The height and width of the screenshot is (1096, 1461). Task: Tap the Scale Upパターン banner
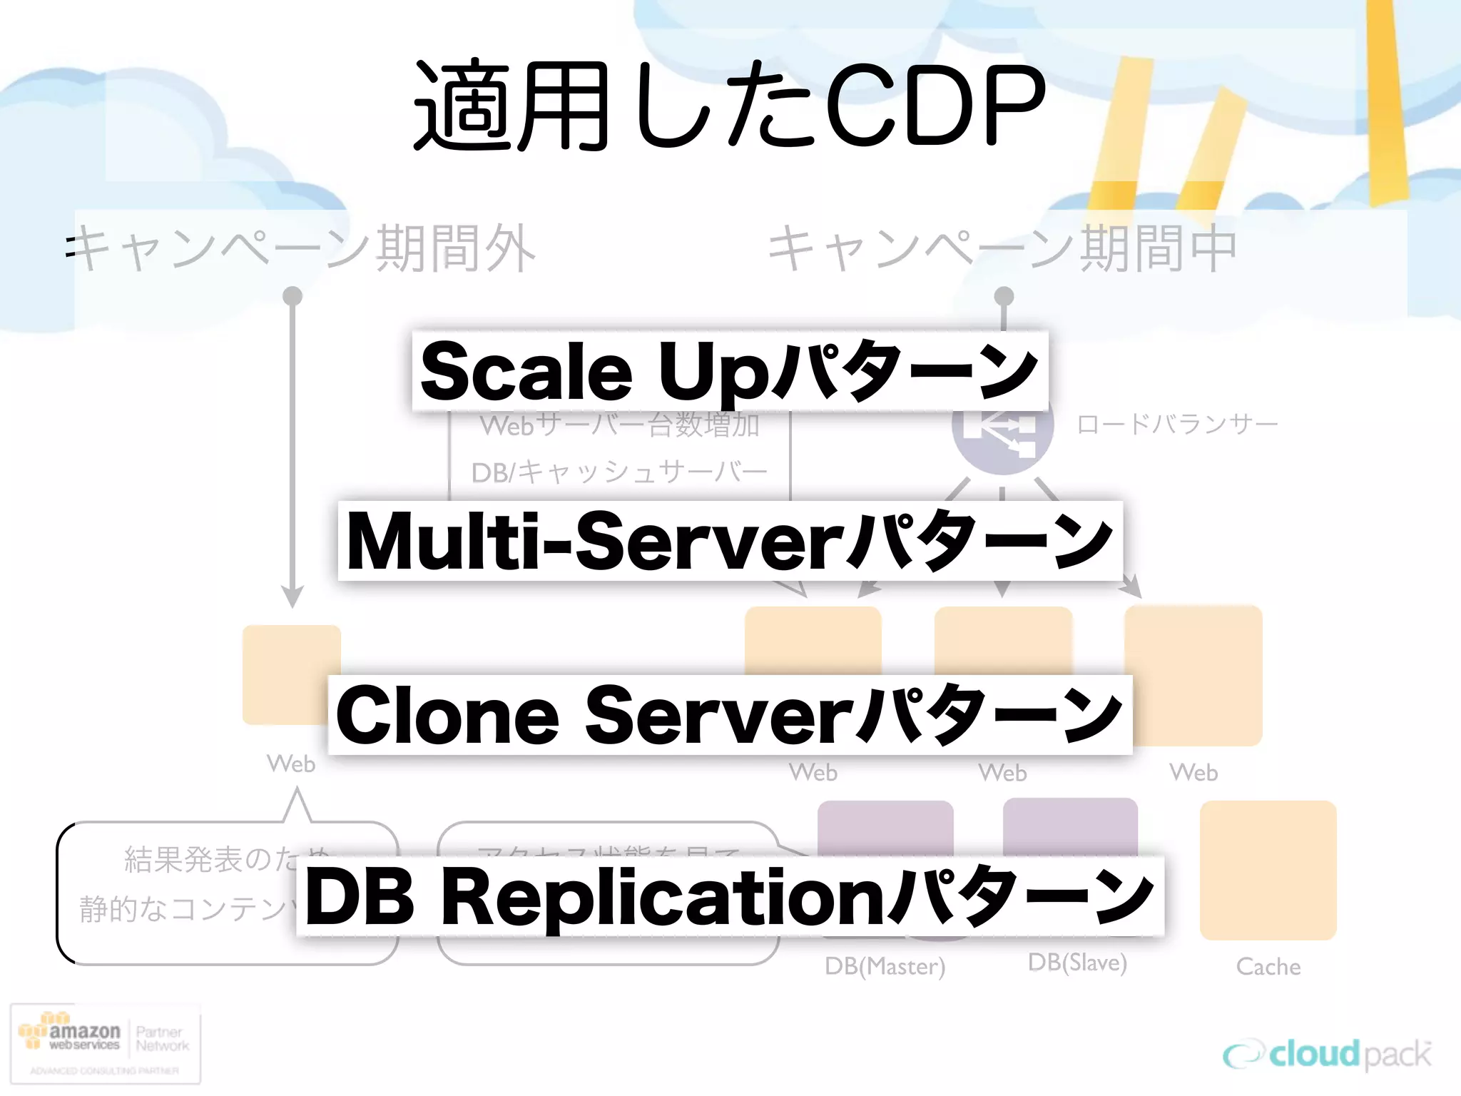pos(729,371)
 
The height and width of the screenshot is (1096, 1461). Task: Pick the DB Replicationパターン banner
pos(729,896)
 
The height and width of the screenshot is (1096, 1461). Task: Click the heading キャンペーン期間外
pos(303,248)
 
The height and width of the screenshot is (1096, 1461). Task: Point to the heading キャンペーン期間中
pos(1002,248)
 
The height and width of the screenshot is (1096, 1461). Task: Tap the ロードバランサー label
pos(1176,425)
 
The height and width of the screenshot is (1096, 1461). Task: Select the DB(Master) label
pos(885,966)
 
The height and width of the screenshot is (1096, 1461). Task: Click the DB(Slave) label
pos(1076,963)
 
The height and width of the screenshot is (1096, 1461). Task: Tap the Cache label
pos(1268,967)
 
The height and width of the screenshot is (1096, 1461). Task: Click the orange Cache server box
pos(1268,870)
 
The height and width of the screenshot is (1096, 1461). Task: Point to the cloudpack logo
pos(1327,1055)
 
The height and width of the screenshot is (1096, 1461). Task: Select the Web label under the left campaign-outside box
pos(291,763)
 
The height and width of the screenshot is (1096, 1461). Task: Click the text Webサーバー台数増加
pos(619,427)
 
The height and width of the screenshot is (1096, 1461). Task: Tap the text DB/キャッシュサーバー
pos(619,472)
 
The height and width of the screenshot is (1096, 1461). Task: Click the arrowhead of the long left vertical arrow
pos(292,597)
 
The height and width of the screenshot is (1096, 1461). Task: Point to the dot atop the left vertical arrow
pos(292,295)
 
